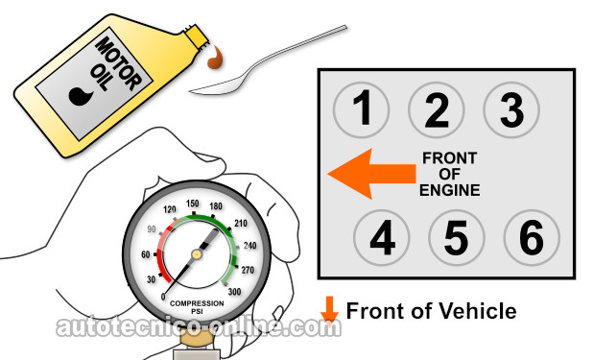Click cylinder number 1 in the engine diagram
click(361, 109)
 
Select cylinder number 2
click(436, 109)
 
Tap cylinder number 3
click(511, 109)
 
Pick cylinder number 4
click(382, 238)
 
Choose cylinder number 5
click(457, 238)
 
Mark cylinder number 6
click(532, 238)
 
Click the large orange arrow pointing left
click(371, 174)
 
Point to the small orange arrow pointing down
click(329, 309)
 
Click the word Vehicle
click(475, 311)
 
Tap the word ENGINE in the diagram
click(450, 190)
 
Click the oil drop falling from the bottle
click(215, 58)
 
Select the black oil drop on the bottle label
click(81, 96)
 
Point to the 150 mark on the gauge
click(193, 204)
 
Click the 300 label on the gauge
click(234, 292)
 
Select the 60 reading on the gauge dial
click(146, 254)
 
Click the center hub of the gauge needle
click(197, 254)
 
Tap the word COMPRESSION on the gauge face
click(197, 303)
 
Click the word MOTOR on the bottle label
click(118, 64)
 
